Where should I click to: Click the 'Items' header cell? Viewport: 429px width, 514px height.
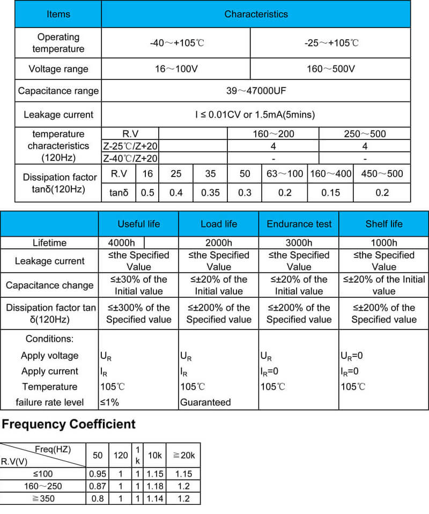tap(58, 14)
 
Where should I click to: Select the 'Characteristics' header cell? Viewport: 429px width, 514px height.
tap(256, 14)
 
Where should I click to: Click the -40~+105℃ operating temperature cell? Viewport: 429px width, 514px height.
tap(176, 42)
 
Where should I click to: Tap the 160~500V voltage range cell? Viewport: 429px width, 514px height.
tap(330, 69)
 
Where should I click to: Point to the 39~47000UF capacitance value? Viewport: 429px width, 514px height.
tap(256, 91)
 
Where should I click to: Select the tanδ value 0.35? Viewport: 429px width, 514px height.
tap(210, 192)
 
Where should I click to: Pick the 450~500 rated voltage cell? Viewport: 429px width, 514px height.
tap(382, 173)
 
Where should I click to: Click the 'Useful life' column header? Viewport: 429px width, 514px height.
tap(138, 224)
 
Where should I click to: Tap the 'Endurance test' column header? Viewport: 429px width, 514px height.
tap(299, 224)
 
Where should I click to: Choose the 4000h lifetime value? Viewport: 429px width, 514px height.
tap(121, 243)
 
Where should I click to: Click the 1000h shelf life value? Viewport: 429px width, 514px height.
tap(384, 243)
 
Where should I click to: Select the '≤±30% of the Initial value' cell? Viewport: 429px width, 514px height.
tap(138, 285)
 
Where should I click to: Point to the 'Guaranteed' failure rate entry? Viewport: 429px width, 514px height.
tap(205, 402)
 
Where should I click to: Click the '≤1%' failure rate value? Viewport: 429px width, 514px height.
tap(109, 402)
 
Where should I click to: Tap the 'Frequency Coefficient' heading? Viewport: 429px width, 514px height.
tap(69, 424)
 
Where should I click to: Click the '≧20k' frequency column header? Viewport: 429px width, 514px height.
tap(183, 455)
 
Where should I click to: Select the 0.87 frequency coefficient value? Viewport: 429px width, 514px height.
tap(97, 486)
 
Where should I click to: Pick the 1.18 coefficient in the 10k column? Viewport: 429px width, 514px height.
tap(154, 486)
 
